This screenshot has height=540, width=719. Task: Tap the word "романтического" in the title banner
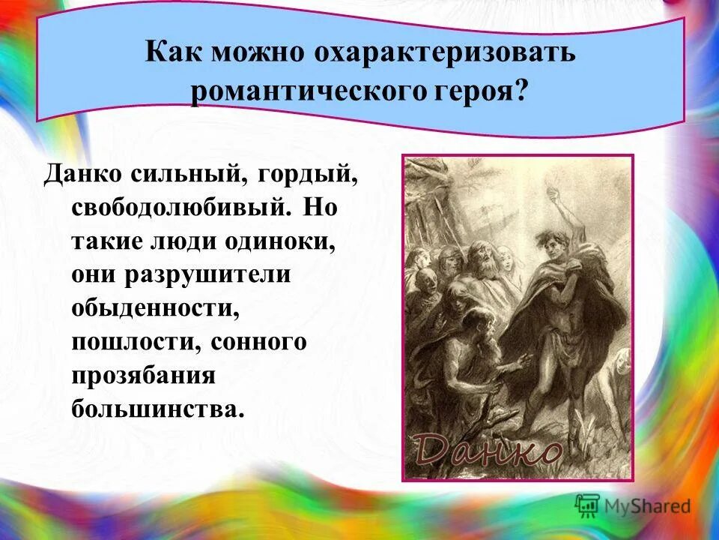[300, 94]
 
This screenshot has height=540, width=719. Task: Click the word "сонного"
[259, 341]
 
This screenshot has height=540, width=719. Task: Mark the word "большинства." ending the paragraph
[158, 408]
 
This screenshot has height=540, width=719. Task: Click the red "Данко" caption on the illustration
[488, 450]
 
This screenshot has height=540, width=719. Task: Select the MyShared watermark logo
[632, 505]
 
